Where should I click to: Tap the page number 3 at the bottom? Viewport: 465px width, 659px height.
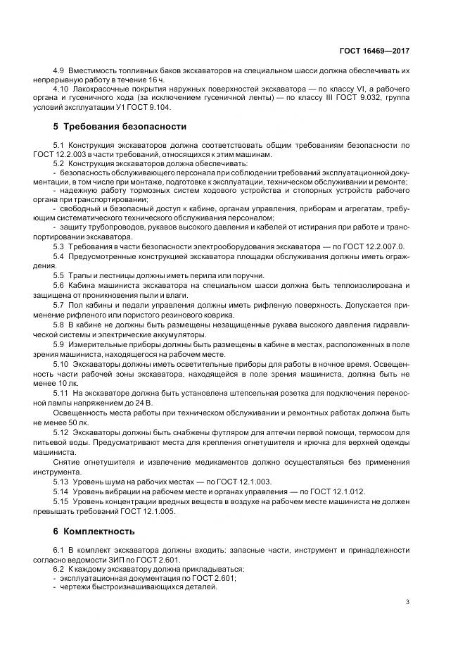408,601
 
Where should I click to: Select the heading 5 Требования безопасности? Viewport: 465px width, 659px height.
120,127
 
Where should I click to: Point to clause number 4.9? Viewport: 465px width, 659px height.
60,72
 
